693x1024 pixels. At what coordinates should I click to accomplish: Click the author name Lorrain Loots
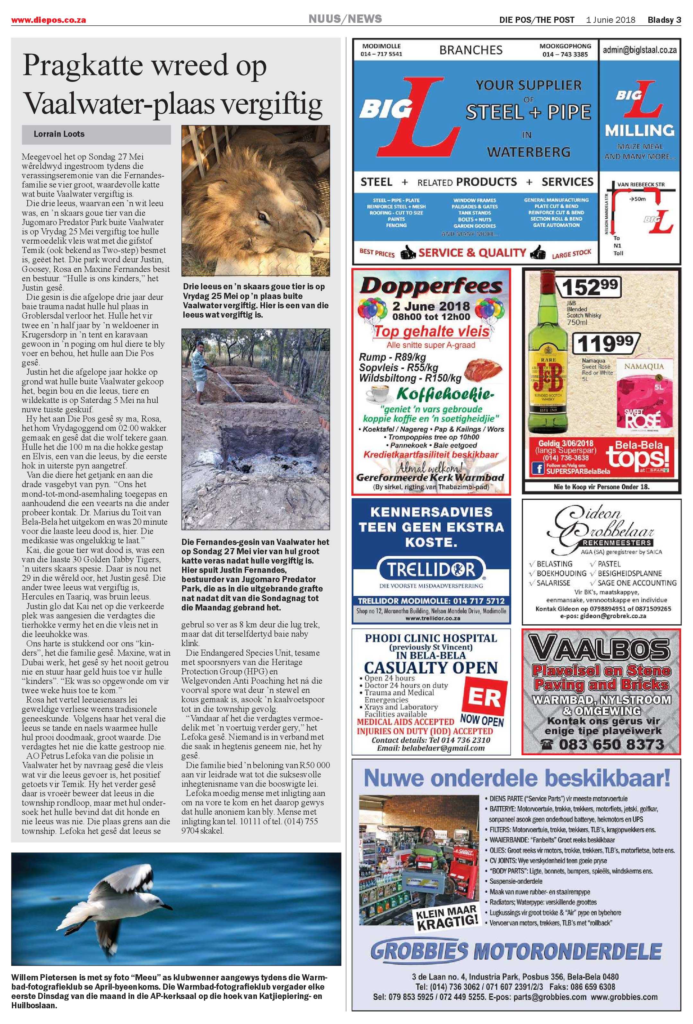pyautogui.click(x=59, y=134)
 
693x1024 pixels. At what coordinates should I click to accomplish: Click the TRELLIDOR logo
pyautogui.click(x=431, y=571)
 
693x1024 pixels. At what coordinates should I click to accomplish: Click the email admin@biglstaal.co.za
pyautogui.click(x=640, y=50)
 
